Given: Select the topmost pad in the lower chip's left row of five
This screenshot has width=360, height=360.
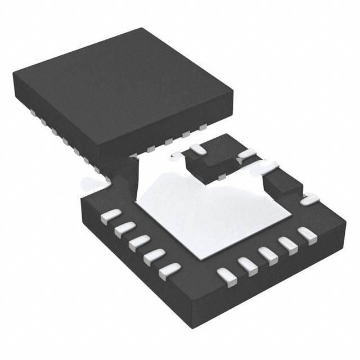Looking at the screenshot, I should click(x=111, y=215).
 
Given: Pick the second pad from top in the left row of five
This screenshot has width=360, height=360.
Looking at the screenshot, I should click(x=124, y=229).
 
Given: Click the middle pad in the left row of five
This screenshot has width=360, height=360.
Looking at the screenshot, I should click(x=138, y=243).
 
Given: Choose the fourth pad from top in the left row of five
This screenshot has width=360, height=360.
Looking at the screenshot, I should click(x=154, y=257).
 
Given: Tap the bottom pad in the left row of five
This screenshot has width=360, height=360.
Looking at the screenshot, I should click(x=169, y=272).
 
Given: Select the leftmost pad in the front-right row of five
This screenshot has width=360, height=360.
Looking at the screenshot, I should click(x=226, y=276).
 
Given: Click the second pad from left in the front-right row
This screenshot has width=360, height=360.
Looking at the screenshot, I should click(x=247, y=264).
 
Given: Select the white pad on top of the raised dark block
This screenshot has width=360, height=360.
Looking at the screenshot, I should click(x=197, y=149).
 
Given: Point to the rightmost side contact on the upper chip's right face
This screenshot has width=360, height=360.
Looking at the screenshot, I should click(x=202, y=128).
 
